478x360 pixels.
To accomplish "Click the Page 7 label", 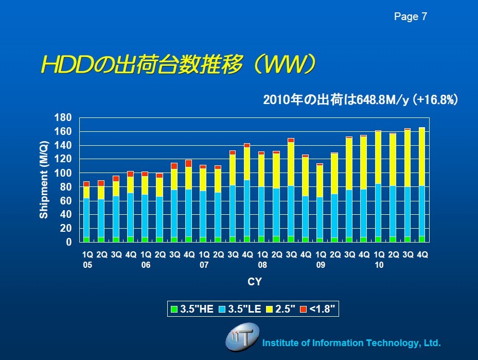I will (410, 17).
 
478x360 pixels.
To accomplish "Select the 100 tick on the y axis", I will (62, 173).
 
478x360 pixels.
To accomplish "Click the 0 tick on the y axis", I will (68, 242).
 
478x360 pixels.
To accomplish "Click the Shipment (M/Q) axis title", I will (44, 180).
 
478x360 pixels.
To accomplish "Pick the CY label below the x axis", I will (254, 282).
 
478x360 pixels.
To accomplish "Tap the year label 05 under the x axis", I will (87, 264).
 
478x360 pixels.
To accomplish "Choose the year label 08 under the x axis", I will (262, 264).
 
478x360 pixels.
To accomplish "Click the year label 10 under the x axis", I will (379, 264).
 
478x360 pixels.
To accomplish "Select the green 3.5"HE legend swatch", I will (174, 309).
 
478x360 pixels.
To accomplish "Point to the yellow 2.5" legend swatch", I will (270, 309).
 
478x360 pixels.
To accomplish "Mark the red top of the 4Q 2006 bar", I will (189, 163).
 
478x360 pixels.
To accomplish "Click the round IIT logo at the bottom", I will (242, 337).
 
